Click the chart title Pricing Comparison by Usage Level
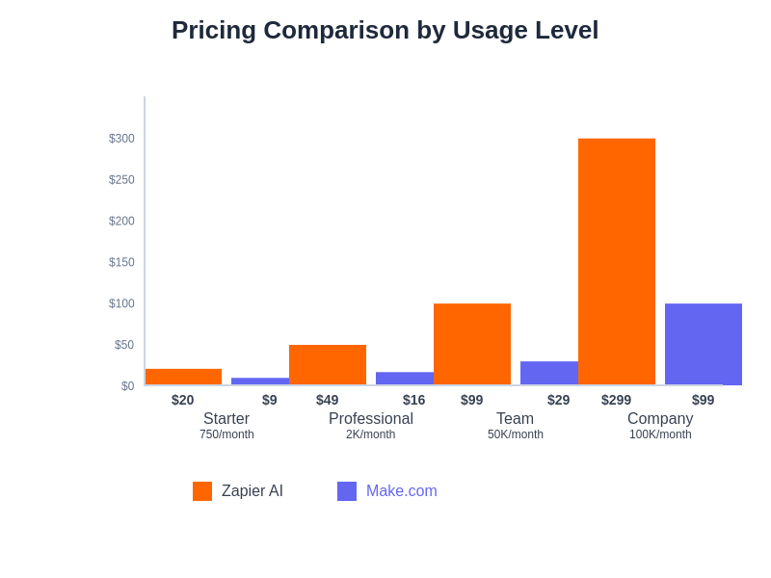click(x=385, y=30)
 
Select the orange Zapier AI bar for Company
click(x=617, y=261)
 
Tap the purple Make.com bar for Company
click(x=704, y=344)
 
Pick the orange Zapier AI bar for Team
click(x=472, y=344)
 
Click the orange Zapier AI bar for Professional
click(x=328, y=364)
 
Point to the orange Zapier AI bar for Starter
click(x=183, y=377)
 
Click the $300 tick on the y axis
click(x=121, y=139)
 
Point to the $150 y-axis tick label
click(x=121, y=262)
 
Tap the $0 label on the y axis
click(x=127, y=386)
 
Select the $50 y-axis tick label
click(x=124, y=345)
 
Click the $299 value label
click(x=617, y=400)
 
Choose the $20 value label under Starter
click(x=183, y=400)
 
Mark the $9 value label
click(x=270, y=400)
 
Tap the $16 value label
click(x=414, y=400)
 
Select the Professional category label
click(x=371, y=419)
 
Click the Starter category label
click(x=226, y=419)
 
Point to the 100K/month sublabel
click(x=660, y=434)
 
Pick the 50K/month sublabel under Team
click(x=516, y=434)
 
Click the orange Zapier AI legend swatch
click(x=202, y=491)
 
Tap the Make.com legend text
click(x=401, y=491)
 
